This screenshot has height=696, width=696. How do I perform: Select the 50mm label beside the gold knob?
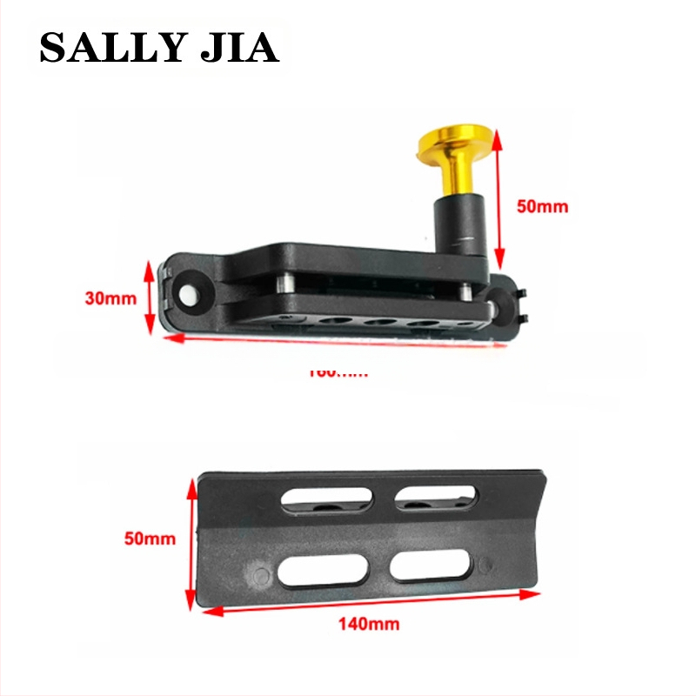(x=542, y=206)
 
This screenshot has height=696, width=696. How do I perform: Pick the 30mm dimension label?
(x=111, y=298)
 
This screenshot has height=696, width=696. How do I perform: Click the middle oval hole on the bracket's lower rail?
(x=380, y=323)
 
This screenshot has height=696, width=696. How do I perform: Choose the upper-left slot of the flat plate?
(x=326, y=499)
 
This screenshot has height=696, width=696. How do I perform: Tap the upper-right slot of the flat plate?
(x=436, y=498)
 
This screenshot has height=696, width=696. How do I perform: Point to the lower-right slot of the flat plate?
(x=431, y=567)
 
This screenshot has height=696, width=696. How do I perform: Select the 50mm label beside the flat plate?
(x=150, y=539)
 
